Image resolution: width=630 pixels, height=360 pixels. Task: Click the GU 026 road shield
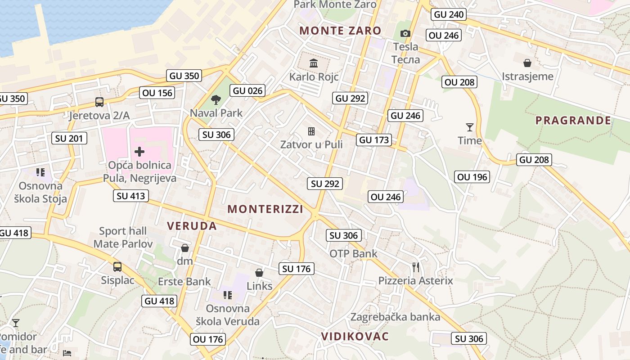[247, 90]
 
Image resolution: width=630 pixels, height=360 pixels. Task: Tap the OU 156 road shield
[157, 93]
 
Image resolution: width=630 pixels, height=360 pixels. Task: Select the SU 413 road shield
[131, 195]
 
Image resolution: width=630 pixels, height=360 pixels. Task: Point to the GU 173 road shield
[374, 140]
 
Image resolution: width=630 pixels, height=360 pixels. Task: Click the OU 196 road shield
[472, 177]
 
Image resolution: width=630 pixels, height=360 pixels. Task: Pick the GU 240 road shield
[449, 14]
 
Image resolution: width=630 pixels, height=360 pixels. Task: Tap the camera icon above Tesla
[405, 34]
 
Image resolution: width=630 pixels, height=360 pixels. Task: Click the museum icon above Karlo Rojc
[314, 63]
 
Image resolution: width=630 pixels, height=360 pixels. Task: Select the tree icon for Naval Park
[216, 100]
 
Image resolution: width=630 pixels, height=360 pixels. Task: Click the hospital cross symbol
[139, 152]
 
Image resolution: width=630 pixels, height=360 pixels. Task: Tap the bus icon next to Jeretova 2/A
[99, 102]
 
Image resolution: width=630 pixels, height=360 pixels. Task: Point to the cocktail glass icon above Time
[470, 127]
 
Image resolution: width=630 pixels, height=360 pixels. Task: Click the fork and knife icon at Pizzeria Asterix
[416, 267]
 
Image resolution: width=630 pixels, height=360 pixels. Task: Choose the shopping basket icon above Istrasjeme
[527, 63]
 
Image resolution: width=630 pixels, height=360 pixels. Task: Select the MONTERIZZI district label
[265, 209]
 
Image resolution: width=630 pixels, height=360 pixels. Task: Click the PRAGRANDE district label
[573, 120]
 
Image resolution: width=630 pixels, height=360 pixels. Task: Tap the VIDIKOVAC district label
[355, 337]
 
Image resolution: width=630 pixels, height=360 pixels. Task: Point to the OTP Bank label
[354, 253]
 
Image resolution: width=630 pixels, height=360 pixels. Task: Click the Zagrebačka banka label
[395, 317]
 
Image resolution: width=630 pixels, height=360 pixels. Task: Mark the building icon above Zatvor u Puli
[311, 131]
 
